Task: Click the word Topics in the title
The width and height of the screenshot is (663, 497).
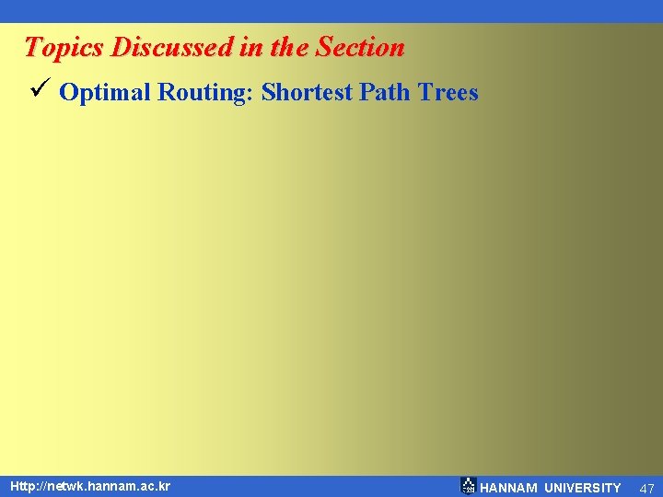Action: click(62, 48)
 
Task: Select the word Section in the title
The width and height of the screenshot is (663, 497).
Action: click(360, 47)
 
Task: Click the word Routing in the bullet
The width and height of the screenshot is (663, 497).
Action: click(208, 93)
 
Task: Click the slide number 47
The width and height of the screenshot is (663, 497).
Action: click(646, 488)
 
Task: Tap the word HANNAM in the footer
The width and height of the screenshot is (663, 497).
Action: click(509, 488)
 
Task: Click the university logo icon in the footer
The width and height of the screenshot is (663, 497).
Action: click(468, 486)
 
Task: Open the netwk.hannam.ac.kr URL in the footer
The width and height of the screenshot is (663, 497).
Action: click(90, 485)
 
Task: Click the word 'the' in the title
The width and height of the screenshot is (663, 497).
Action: click(290, 47)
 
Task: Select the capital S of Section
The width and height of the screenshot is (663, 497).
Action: click(324, 46)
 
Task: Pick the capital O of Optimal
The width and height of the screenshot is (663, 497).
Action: click(68, 92)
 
